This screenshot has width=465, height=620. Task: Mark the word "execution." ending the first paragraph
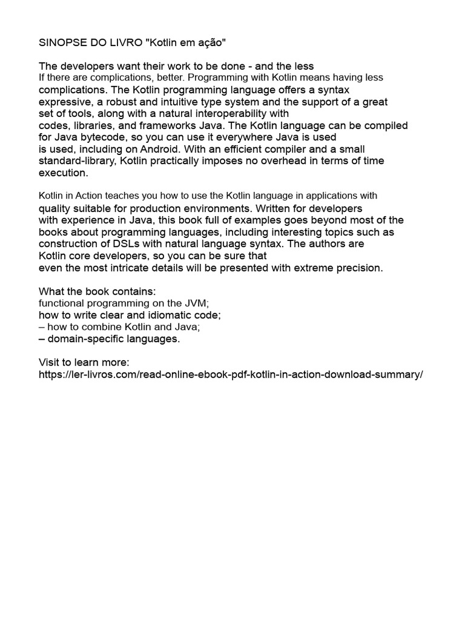tap(64, 173)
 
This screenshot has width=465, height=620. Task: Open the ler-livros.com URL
tap(231, 374)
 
